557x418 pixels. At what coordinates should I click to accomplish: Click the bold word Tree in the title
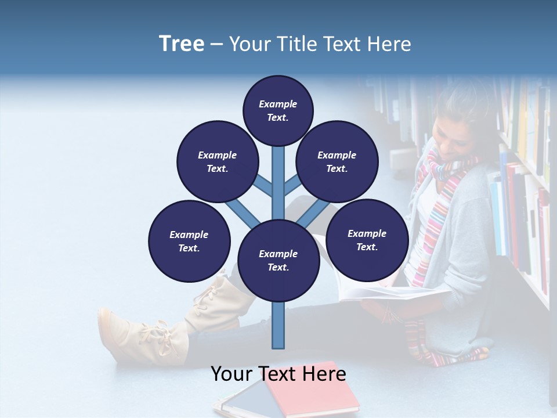tap(182, 44)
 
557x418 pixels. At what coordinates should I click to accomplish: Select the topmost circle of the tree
tap(278, 110)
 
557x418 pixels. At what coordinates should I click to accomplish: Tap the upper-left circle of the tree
tap(218, 161)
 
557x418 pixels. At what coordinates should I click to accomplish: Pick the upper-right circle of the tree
tap(337, 161)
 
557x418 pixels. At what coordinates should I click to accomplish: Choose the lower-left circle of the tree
tap(189, 241)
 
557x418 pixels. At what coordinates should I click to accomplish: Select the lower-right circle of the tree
tap(367, 240)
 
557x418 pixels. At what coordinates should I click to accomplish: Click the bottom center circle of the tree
tap(278, 260)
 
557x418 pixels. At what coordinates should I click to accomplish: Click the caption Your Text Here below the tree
tap(278, 374)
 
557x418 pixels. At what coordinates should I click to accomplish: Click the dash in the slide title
tap(216, 44)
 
